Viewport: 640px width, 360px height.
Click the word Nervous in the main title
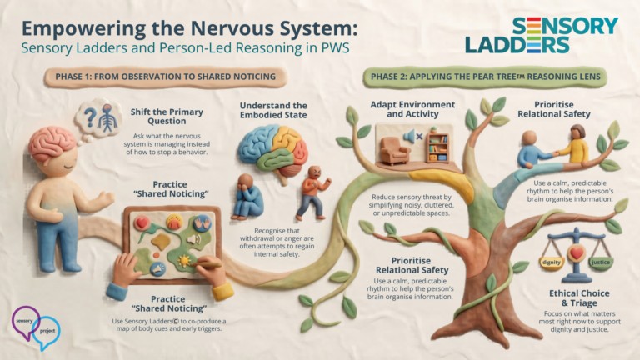tap(232, 28)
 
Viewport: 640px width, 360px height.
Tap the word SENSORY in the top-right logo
tap(565, 26)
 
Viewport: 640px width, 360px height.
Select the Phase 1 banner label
tap(165, 77)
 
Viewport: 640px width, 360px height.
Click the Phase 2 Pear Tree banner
tap(485, 77)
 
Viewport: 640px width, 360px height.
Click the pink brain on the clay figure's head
tap(52, 143)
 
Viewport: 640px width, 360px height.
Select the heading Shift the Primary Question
tap(167, 117)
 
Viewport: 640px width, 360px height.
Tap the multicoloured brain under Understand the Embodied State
tap(273, 151)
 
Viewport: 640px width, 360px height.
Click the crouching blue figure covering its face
tap(247, 197)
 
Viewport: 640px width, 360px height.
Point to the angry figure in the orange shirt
tap(312, 192)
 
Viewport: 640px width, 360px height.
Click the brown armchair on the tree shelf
tap(395, 150)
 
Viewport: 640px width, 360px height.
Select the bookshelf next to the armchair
tap(437, 146)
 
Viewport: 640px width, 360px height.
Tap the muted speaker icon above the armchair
tap(412, 137)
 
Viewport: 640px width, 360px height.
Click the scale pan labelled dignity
tap(552, 263)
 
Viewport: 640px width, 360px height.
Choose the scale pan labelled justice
tap(600, 262)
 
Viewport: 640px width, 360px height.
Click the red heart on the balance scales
tap(577, 253)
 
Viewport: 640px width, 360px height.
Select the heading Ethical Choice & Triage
tap(579, 298)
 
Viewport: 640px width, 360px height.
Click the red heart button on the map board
tap(142, 222)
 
